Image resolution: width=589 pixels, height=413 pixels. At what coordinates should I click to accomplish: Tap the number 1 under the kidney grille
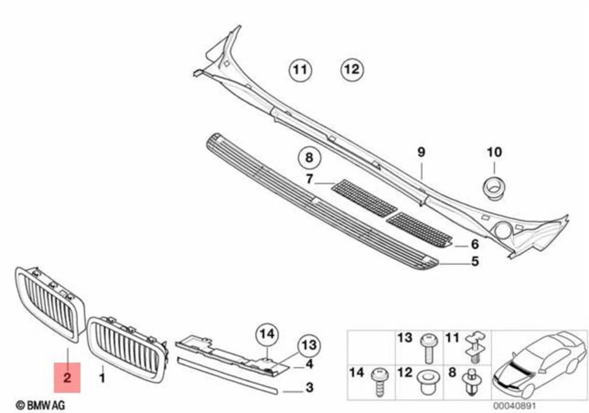[102, 373]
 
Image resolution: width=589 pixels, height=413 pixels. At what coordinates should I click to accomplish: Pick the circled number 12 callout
[352, 69]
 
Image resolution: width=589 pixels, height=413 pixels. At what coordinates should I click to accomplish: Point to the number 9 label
[421, 152]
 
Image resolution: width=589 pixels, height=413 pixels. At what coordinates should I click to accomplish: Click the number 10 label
[494, 152]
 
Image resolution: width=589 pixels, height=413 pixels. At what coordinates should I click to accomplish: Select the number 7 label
[310, 179]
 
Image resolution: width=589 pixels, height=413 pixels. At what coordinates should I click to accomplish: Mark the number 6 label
[474, 244]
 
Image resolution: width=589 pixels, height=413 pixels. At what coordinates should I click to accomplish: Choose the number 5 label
[474, 262]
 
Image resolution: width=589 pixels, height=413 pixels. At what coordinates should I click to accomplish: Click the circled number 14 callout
[267, 334]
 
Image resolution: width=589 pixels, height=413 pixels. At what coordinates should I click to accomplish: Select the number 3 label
[309, 387]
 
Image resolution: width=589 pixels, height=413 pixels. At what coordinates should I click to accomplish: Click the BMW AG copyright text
[40, 405]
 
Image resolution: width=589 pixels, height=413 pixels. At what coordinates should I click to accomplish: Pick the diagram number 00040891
[511, 405]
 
